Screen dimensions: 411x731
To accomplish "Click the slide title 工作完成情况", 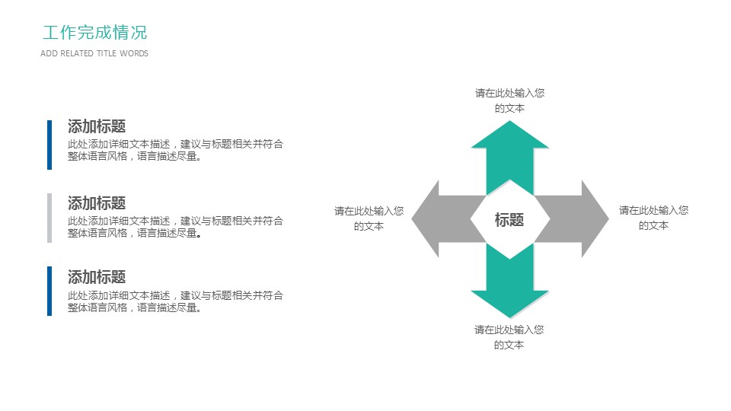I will click(x=94, y=33).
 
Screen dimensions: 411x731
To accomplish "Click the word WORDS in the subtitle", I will click(x=134, y=53).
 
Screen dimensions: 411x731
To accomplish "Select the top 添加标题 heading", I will click(x=97, y=126).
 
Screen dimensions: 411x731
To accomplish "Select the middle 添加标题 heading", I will click(x=97, y=203).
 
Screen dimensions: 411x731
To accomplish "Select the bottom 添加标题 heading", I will click(x=97, y=277).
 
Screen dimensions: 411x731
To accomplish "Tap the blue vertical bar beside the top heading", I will click(x=49, y=145).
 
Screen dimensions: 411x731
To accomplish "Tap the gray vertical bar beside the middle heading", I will click(x=49, y=218).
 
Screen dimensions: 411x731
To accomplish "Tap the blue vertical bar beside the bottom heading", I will click(x=49, y=291).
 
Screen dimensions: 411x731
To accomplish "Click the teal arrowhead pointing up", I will click(x=509, y=137).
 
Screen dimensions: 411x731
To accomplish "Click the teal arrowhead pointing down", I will click(x=509, y=302).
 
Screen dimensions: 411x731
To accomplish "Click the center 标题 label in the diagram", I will click(x=509, y=220).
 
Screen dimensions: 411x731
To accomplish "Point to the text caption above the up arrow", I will click(x=509, y=100).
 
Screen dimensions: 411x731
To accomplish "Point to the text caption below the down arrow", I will click(x=509, y=337).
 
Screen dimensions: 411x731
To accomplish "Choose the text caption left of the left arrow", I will click(x=369, y=218).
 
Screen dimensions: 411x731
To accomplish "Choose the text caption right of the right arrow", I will click(x=653, y=218).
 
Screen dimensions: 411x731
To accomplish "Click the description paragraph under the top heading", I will click(x=175, y=150).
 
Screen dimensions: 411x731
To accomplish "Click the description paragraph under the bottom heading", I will click(x=175, y=301).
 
